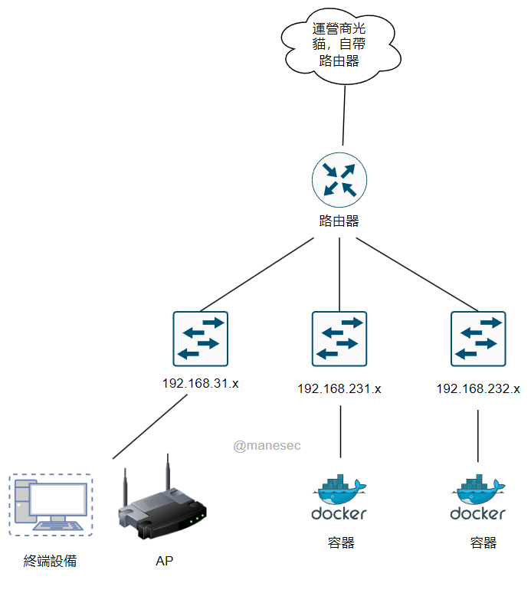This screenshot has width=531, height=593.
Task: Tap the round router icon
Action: click(x=339, y=179)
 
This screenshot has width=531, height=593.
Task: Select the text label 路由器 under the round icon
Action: click(x=339, y=221)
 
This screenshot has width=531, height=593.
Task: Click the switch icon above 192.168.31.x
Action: click(x=201, y=339)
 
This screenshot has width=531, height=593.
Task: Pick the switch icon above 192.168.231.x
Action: click(x=339, y=339)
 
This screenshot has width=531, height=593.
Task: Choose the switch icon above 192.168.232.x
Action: click(x=478, y=339)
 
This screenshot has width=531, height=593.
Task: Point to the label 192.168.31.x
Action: click(x=201, y=383)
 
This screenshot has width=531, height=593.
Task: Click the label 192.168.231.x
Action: click(x=339, y=389)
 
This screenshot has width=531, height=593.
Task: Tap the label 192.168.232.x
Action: click(x=478, y=389)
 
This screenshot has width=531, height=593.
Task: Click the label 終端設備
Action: click(x=51, y=562)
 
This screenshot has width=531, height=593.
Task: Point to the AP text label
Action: click(x=164, y=562)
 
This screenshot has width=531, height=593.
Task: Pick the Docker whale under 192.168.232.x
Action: click(x=478, y=490)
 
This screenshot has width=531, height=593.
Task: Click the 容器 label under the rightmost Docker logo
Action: click(x=483, y=543)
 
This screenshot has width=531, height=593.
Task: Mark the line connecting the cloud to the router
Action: click(x=343, y=115)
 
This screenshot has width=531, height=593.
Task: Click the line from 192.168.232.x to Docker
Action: click(x=478, y=435)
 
